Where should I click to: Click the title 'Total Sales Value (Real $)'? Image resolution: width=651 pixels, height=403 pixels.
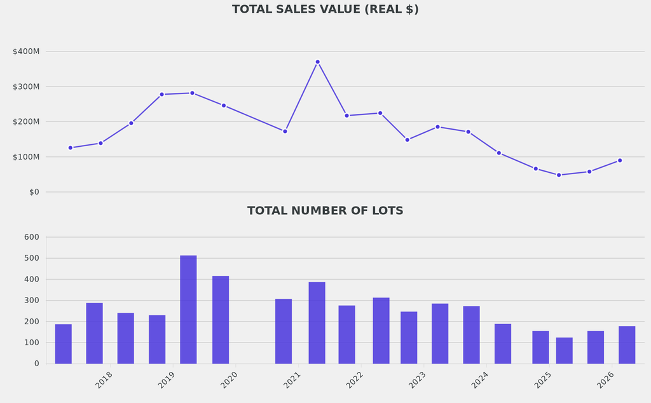(325, 10)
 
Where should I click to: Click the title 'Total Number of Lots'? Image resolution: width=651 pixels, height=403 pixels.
(325, 211)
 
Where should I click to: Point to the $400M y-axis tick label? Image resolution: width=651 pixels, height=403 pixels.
(26, 51)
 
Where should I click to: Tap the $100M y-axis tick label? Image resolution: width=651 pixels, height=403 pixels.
(26, 157)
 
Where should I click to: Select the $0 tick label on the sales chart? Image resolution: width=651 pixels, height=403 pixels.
(34, 192)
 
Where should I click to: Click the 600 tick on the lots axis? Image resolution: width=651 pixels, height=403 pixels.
(32, 237)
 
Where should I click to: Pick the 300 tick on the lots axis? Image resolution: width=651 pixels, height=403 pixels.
(32, 300)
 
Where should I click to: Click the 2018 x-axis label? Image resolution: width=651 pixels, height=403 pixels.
(104, 380)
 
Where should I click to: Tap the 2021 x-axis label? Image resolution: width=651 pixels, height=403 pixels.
(292, 380)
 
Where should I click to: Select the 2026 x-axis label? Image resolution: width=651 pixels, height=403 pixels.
(606, 380)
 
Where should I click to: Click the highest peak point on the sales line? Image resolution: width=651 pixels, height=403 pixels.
(317, 62)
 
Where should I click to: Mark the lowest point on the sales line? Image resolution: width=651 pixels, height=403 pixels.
(559, 175)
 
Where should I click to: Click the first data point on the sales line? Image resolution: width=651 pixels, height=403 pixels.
(71, 147)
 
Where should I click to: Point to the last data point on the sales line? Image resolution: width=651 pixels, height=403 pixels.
(620, 160)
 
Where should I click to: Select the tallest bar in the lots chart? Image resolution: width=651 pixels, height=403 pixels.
(188, 310)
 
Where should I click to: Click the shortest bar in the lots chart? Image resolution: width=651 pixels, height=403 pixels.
(564, 350)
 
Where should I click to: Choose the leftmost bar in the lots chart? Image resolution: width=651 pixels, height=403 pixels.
(64, 344)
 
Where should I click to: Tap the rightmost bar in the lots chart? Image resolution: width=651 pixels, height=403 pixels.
(627, 345)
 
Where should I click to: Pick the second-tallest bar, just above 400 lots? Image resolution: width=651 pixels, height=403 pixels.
(221, 320)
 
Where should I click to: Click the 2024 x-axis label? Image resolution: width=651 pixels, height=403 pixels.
(481, 380)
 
